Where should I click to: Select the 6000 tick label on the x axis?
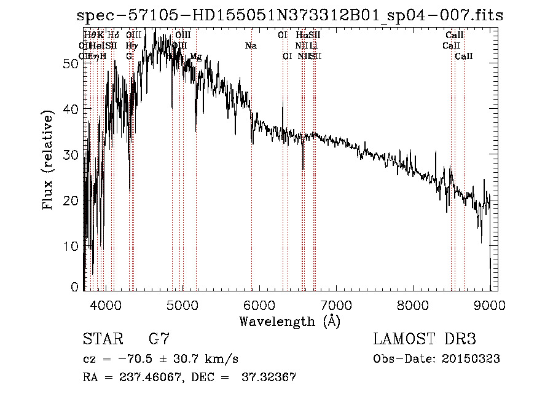[259, 305]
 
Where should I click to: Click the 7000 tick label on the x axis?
[335, 305]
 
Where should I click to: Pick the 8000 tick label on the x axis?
[412, 305]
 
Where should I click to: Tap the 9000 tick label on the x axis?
[489, 305]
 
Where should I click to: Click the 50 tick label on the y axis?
[71, 63]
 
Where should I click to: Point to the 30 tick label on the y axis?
[71, 155]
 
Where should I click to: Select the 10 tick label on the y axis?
[71, 246]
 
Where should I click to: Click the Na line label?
[251, 46]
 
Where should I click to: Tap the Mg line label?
[195, 57]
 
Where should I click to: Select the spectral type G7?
[159, 339]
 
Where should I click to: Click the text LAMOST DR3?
[424, 339]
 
